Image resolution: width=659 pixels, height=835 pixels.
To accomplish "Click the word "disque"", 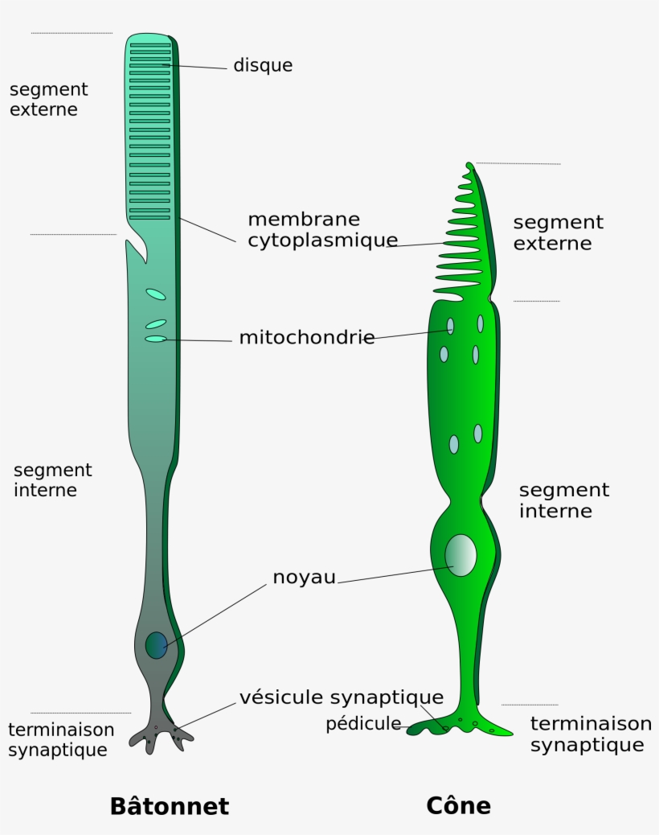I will click(x=263, y=66).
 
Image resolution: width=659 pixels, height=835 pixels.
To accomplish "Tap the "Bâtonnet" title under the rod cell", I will click(x=169, y=806).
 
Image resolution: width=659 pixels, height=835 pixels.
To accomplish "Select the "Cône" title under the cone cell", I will click(x=458, y=806).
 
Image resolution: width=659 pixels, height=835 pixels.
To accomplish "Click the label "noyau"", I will click(x=304, y=578).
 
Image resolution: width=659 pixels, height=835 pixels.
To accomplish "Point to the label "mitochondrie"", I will click(x=306, y=338).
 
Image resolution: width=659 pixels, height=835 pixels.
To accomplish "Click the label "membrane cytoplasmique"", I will click(x=322, y=230).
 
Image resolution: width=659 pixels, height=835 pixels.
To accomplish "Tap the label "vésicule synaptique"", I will click(x=341, y=697).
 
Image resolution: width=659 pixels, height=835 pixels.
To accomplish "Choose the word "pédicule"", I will click(x=362, y=724).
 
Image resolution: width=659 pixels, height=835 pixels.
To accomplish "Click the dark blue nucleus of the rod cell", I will click(x=156, y=645).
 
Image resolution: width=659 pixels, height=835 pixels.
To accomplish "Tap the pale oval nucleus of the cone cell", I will click(x=460, y=555).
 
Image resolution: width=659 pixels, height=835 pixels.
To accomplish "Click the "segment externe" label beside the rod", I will click(x=48, y=100).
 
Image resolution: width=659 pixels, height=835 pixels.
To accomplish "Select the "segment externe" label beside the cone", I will click(x=558, y=232).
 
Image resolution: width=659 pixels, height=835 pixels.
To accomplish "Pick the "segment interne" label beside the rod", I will click(x=52, y=480).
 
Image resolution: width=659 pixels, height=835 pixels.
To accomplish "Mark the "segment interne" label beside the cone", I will click(x=563, y=500).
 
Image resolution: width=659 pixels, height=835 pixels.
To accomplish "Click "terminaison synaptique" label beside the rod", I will click(x=60, y=740).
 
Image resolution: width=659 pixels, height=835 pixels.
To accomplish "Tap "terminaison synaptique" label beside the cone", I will click(x=590, y=734).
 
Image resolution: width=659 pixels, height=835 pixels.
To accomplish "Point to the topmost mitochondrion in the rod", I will click(x=156, y=294).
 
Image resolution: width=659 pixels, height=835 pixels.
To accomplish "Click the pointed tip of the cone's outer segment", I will click(x=469, y=165).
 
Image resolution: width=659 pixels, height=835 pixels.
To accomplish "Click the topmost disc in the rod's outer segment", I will click(x=150, y=45).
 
